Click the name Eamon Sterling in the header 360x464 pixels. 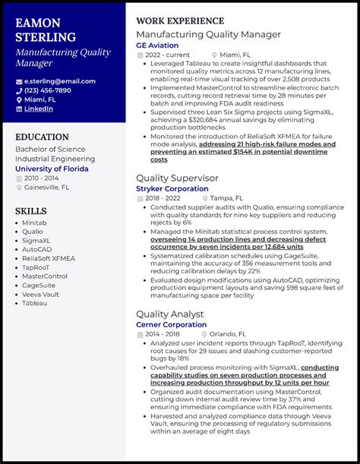pyautogui.click(x=46, y=30)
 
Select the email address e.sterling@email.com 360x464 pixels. pyautogui.click(x=60, y=81)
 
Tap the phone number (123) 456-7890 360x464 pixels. pyautogui.click(x=48, y=90)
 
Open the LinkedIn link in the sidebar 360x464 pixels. pyautogui.click(x=39, y=109)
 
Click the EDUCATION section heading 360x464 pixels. pyautogui.click(x=42, y=137)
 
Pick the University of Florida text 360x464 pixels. pyautogui.click(x=52, y=169)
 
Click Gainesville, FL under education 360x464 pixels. pyautogui.click(x=47, y=187)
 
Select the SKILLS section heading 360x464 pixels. pyautogui.click(x=31, y=211)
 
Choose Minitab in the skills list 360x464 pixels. pyautogui.click(x=34, y=223)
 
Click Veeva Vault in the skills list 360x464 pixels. pyautogui.click(x=40, y=294)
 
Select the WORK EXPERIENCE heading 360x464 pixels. pyautogui.click(x=180, y=21)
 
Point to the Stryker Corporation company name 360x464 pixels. pyautogui.click(x=172, y=188)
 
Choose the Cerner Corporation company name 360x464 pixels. pyautogui.click(x=171, y=324)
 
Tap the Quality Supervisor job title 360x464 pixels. pyautogui.click(x=177, y=178)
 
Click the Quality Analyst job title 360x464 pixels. pyautogui.click(x=169, y=314)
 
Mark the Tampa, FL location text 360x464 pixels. pyautogui.click(x=227, y=198)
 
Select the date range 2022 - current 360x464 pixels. pyautogui.click(x=169, y=55)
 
